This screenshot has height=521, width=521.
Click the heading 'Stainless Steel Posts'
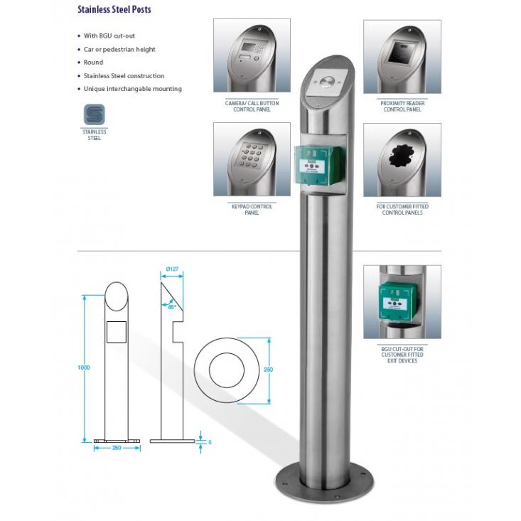[x=114, y=10]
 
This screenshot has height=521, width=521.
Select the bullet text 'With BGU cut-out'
[x=110, y=36]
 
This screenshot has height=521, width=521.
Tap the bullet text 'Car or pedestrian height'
[x=119, y=49]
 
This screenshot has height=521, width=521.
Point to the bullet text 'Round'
[x=93, y=63]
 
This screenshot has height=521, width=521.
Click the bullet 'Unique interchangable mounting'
[x=133, y=89]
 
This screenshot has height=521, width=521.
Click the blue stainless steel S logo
[x=94, y=115]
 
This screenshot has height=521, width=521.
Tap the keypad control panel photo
[x=252, y=159]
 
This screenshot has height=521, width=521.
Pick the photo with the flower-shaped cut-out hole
[x=402, y=159]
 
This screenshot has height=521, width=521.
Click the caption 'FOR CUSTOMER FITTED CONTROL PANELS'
[x=402, y=210]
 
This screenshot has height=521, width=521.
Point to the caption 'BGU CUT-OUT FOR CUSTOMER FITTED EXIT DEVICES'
[x=402, y=355]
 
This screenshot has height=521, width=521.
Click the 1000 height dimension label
[x=85, y=368]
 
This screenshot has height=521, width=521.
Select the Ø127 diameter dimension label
[x=171, y=269]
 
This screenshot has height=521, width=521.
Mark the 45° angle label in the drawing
[x=172, y=307]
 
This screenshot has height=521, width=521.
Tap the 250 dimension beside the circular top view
[x=269, y=370]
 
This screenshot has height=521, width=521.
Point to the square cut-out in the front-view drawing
[x=116, y=331]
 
